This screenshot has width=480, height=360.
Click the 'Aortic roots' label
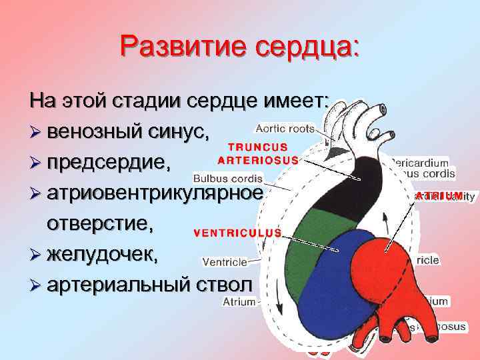click(285, 128)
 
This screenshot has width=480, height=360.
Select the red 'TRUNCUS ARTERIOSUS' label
click(260, 153)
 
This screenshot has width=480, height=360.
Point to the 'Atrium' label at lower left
click(239, 301)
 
